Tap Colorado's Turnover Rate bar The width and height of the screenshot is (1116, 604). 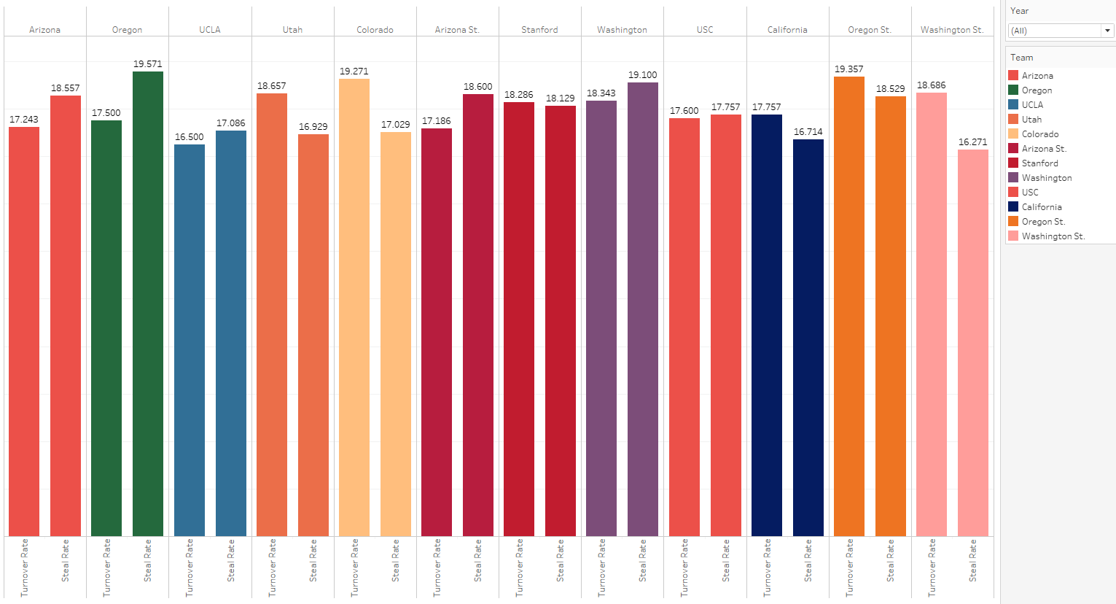(x=354, y=307)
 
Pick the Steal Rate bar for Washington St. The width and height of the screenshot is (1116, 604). (x=973, y=343)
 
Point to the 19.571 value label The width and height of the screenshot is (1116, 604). (x=148, y=64)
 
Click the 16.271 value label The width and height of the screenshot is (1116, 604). (x=973, y=142)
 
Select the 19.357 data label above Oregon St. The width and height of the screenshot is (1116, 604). (x=849, y=69)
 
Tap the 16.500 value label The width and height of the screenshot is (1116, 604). (x=190, y=137)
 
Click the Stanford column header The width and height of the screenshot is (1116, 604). (x=539, y=30)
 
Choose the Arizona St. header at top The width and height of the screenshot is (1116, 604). (x=457, y=30)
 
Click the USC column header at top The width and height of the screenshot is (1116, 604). (x=705, y=30)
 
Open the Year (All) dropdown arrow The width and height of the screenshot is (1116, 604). (x=1108, y=31)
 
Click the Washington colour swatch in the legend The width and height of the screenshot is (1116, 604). (x=1013, y=177)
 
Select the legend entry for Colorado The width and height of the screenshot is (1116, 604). (x=1039, y=134)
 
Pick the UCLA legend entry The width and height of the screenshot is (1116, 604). (x=1032, y=105)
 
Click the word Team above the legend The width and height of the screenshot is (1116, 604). (x=1021, y=58)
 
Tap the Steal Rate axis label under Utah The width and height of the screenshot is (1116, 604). (x=313, y=560)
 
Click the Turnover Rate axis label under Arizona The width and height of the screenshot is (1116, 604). (x=25, y=568)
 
